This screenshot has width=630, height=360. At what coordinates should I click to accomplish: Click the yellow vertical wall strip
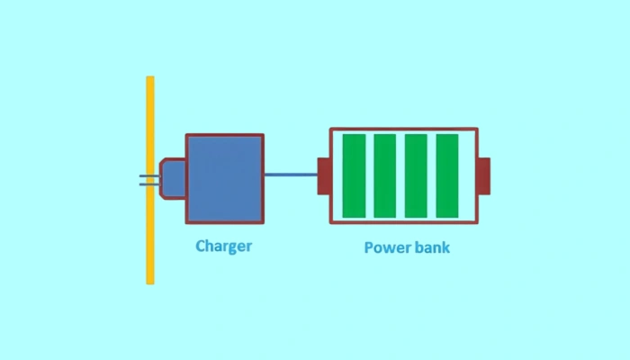point(150,180)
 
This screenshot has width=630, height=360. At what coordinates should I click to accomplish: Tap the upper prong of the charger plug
point(144,175)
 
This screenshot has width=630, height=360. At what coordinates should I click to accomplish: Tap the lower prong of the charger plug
point(144,184)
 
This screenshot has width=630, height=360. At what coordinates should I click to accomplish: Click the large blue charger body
point(225,178)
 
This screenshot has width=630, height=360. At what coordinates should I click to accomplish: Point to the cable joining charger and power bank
point(291,175)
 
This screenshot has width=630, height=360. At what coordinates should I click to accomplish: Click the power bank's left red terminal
point(323,175)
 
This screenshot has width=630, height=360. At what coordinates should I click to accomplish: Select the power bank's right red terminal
point(483,175)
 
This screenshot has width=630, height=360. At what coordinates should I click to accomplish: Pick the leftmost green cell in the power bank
point(354,175)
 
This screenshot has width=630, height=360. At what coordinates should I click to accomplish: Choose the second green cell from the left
point(385,175)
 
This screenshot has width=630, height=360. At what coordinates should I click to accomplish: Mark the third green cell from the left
point(416,175)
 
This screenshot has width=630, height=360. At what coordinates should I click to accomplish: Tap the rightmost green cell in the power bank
point(447,175)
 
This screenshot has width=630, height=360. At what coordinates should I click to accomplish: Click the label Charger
point(223,246)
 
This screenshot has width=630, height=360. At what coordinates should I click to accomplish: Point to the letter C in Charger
point(201,245)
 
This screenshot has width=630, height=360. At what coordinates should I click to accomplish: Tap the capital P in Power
point(369,247)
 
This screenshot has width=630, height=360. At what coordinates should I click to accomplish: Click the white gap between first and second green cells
point(369,175)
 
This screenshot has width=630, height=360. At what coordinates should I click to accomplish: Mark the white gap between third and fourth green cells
point(431,175)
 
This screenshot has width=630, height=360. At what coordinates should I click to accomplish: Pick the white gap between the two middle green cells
point(400,175)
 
